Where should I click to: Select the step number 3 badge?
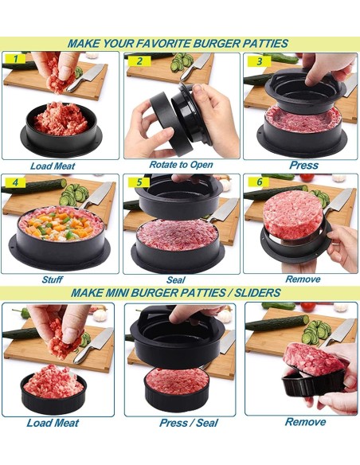point(258,61)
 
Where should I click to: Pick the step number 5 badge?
point(139,183)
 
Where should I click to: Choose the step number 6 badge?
point(258,183)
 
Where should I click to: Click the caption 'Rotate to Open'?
point(180,165)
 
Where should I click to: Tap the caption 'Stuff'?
point(53,279)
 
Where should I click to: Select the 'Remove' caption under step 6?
point(303,279)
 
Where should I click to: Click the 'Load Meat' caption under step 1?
point(53,166)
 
